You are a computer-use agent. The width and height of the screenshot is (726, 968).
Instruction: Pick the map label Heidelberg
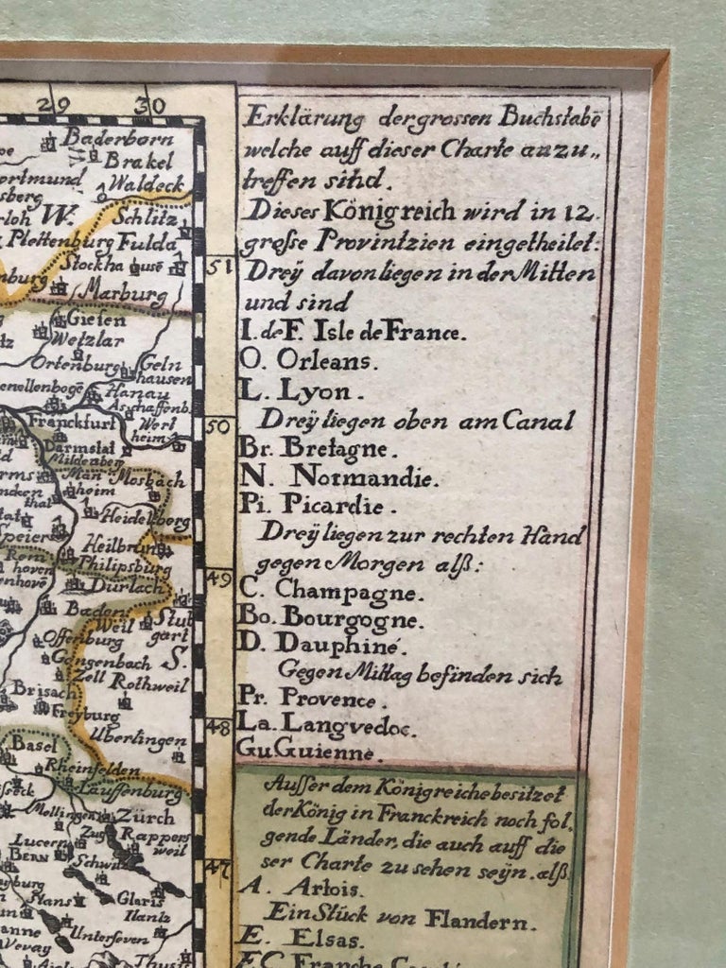[x=150, y=521]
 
